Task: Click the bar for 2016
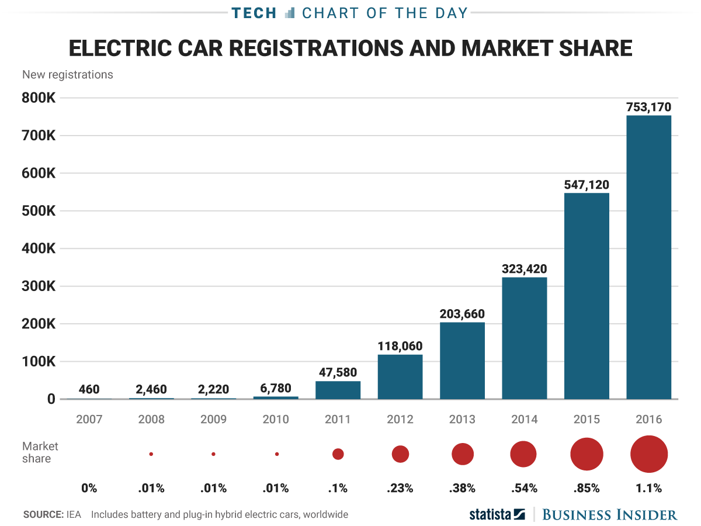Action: [648, 257]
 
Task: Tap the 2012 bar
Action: [400, 376]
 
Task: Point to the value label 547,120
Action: [587, 185]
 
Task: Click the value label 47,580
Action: [338, 372]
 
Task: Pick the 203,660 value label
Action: [462, 314]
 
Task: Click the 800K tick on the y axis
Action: [39, 98]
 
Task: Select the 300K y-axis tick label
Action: [39, 286]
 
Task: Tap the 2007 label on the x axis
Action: [89, 419]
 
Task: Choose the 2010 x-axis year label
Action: [276, 419]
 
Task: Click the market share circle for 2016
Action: [648, 454]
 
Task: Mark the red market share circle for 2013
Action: [462, 454]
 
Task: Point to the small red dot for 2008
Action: [151, 454]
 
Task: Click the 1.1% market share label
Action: [648, 488]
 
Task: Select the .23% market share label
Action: [400, 488]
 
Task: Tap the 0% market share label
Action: [89, 488]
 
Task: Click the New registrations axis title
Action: [68, 75]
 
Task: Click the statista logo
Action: [497, 514]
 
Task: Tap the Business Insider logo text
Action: [610, 514]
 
